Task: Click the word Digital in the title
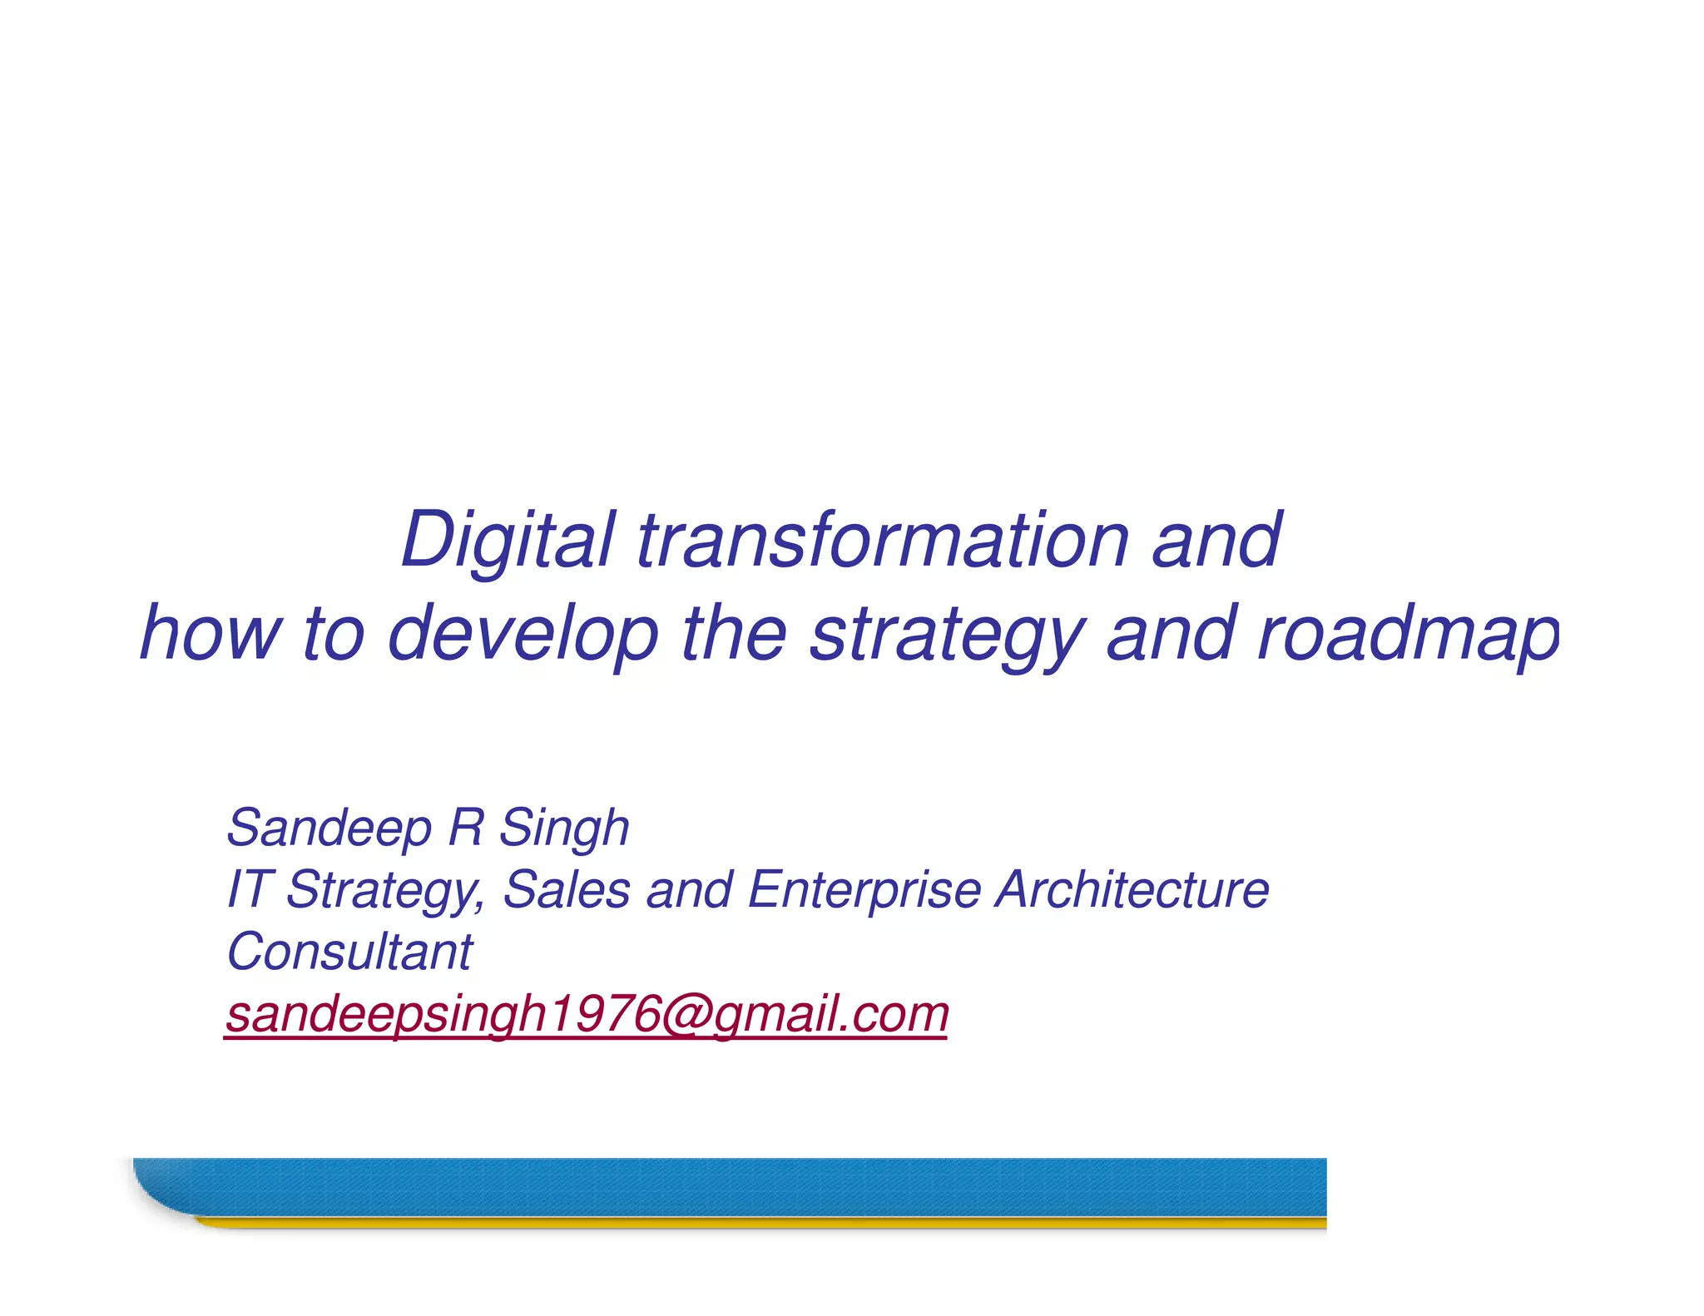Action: (508, 541)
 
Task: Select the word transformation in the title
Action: (882, 541)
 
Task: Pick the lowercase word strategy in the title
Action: (948, 634)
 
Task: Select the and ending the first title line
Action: (1216, 541)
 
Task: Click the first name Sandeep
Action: (329, 829)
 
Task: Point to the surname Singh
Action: (564, 829)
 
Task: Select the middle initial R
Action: (466, 829)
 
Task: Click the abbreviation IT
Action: (247, 889)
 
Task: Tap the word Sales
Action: (567, 889)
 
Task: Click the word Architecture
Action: (1133, 889)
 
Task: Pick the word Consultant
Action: (349, 952)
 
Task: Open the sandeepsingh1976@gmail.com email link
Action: (587, 1014)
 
